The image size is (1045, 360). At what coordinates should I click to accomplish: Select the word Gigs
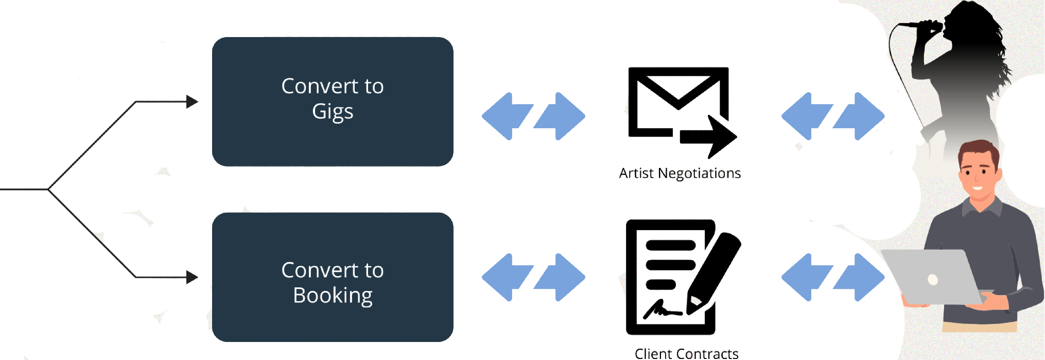[333, 112]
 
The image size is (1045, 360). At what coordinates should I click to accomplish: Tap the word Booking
[333, 296]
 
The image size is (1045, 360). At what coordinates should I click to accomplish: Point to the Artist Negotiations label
[680, 173]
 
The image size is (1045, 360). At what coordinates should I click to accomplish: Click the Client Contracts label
[687, 353]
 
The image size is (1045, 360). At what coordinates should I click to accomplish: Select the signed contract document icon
[669, 277]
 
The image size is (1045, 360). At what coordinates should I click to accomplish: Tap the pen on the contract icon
[716, 268]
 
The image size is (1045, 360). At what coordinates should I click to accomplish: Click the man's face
[978, 173]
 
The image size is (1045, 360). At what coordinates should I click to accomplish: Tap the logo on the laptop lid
[933, 280]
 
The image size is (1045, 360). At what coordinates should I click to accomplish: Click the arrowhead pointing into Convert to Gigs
[192, 102]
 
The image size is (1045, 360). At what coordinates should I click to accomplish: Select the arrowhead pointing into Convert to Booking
[192, 278]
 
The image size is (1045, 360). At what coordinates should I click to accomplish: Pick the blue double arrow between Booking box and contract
[533, 277]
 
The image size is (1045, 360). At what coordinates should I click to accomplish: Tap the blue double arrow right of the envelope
[832, 116]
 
